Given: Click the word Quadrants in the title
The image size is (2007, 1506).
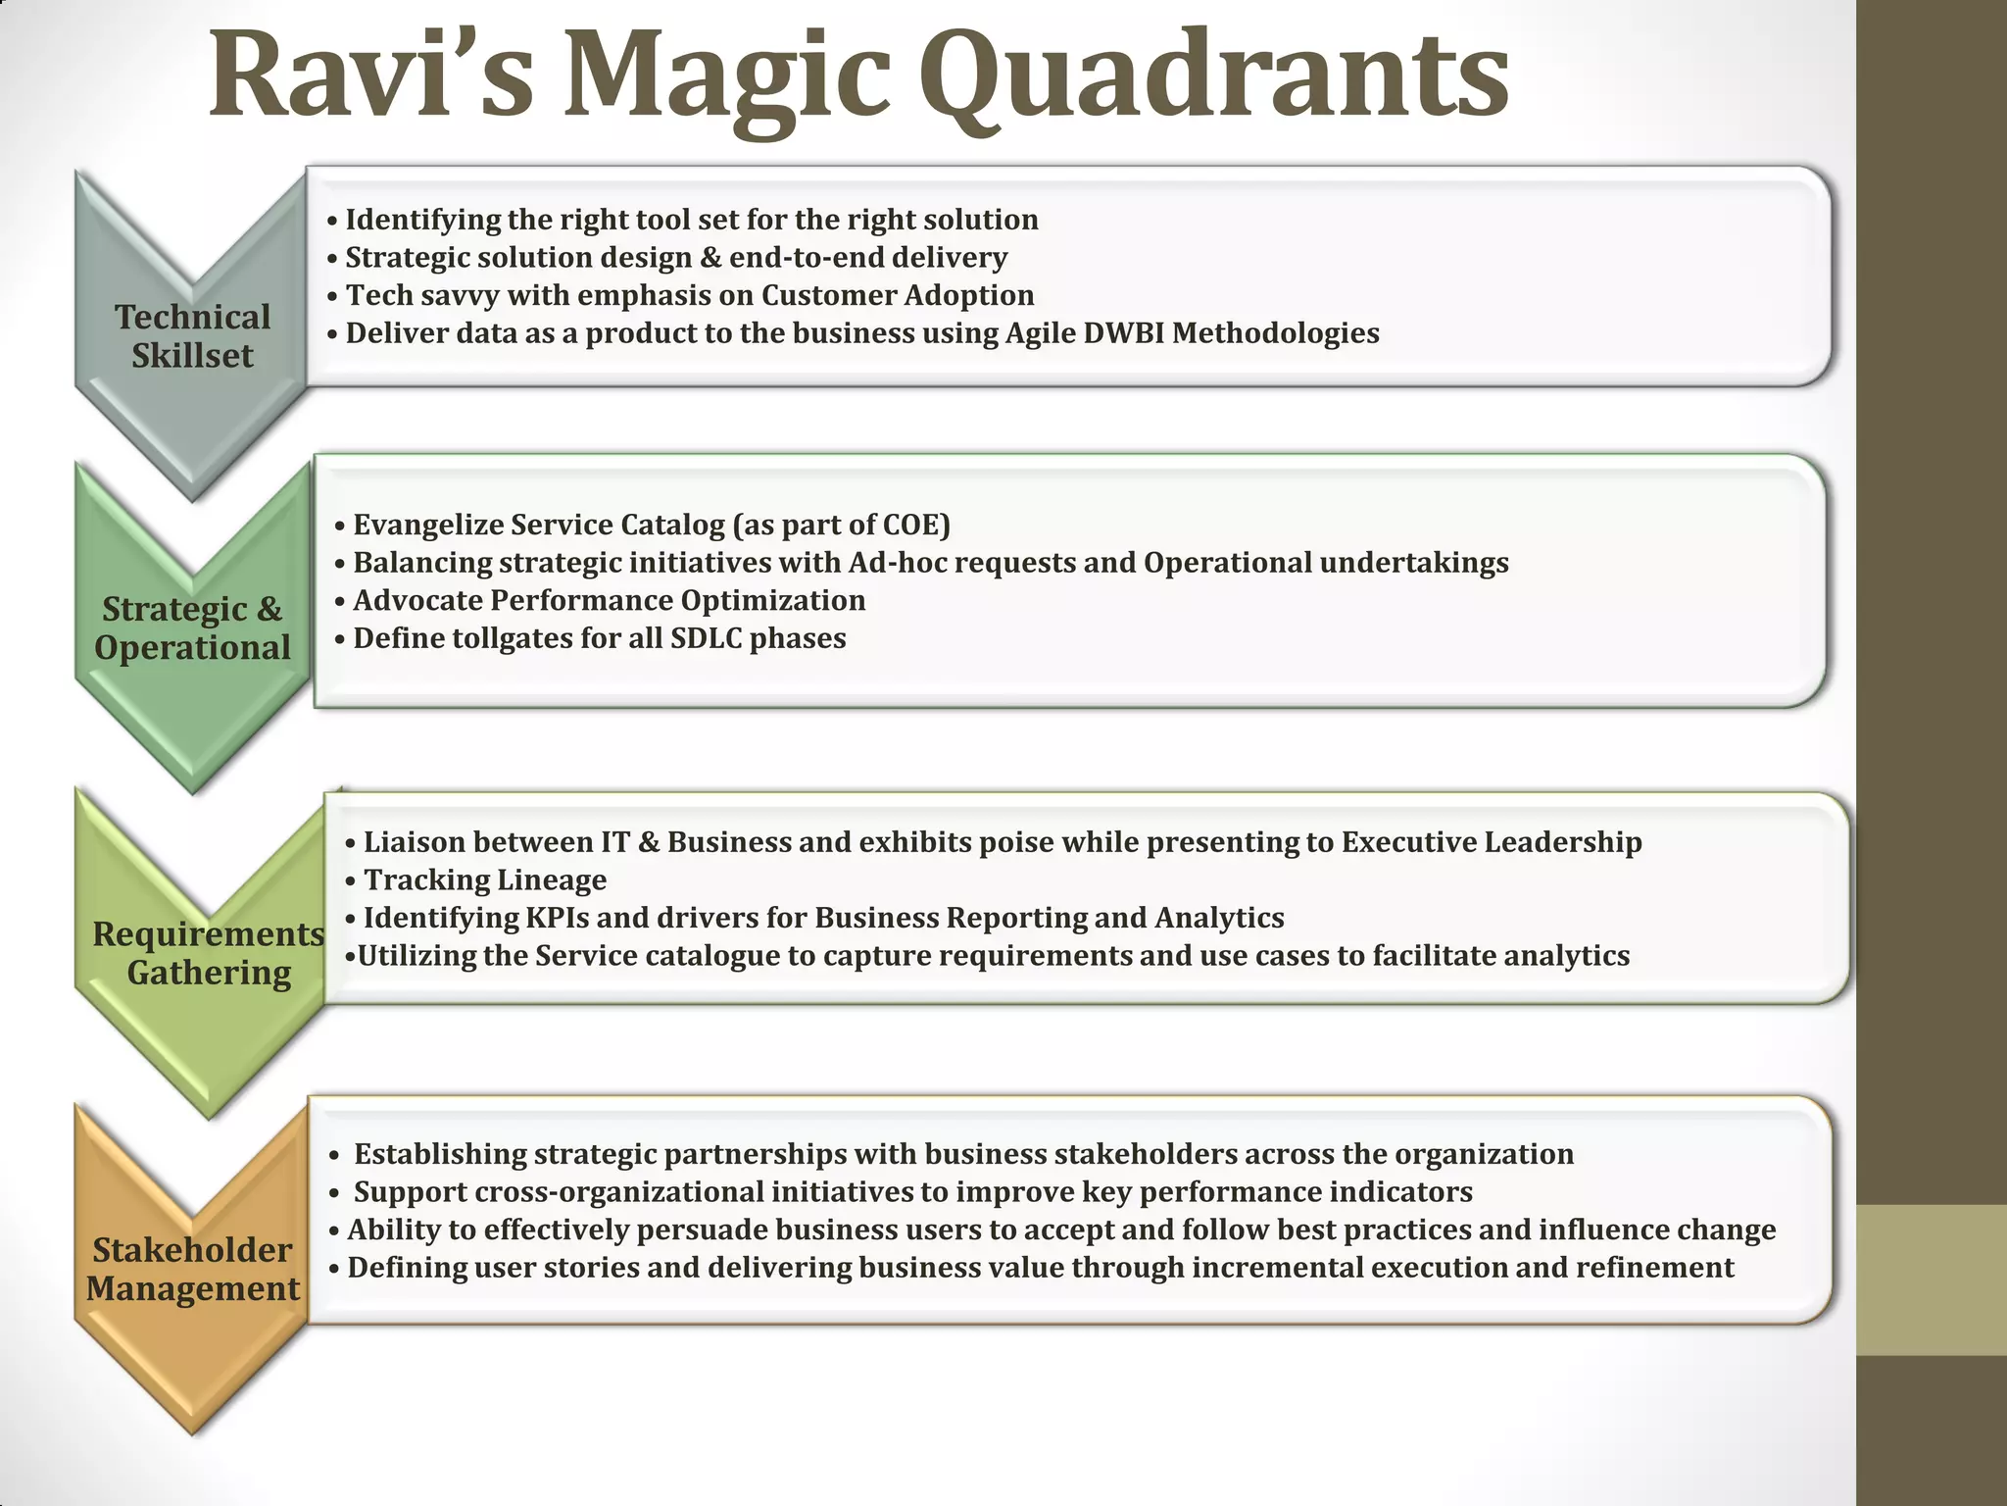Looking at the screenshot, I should click(1213, 78).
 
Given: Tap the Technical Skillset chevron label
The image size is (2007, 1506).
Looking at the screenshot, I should click(192, 336).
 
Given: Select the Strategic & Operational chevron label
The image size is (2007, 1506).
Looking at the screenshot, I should click(192, 628).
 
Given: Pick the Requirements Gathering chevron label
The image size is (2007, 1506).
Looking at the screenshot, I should click(208, 953).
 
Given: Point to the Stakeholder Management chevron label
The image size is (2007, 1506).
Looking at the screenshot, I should click(192, 1269).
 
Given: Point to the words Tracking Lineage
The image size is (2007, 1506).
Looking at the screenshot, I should click(485, 880).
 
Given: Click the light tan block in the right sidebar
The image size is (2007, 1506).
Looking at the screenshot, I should click(1931, 1280).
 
